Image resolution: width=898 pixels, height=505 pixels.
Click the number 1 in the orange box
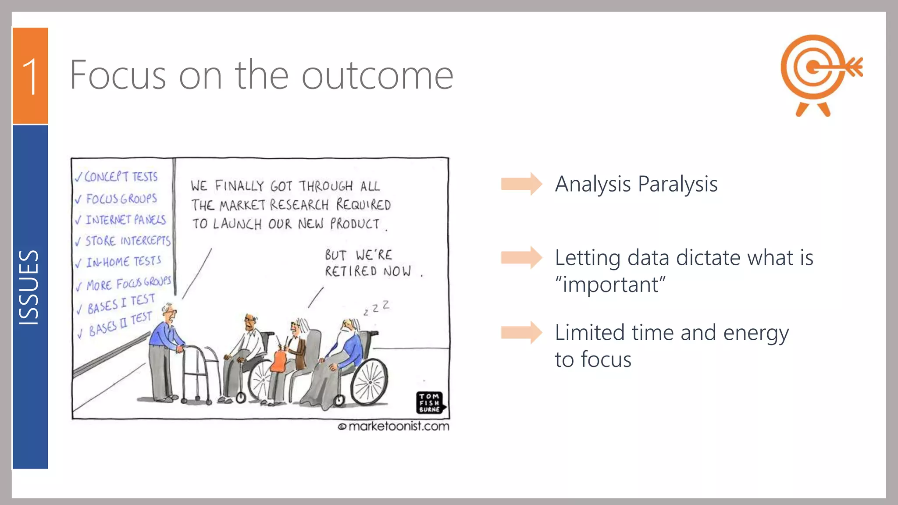tap(30, 77)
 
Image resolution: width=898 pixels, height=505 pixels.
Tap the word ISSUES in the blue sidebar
tap(29, 288)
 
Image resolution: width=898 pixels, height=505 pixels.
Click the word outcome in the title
tap(377, 75)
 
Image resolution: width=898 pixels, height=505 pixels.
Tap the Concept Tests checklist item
tap(117, 177)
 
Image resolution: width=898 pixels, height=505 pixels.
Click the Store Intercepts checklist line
tap(124, 241)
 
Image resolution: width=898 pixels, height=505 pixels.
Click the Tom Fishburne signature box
tap(430, 402)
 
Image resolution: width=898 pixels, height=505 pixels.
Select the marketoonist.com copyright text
tap(394, 426)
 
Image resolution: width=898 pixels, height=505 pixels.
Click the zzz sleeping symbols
tap(377, 308)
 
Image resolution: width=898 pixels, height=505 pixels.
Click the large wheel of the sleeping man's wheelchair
tap(370, 381)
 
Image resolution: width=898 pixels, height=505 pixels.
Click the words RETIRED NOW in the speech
tap(368, 271)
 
